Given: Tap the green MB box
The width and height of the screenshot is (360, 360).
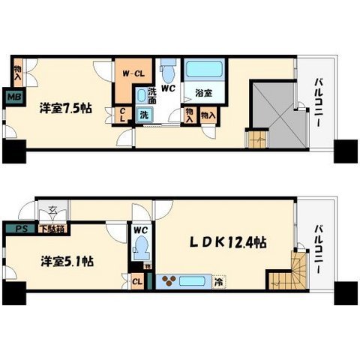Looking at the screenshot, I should point(13,95).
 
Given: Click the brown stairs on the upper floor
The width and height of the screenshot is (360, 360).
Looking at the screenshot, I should point(256,139).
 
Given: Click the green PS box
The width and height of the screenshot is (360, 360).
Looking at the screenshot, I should point(16,228).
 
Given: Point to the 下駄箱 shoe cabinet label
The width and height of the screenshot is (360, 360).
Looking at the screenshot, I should point(50,228).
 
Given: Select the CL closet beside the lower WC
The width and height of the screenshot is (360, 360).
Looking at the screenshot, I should point(137,282).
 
